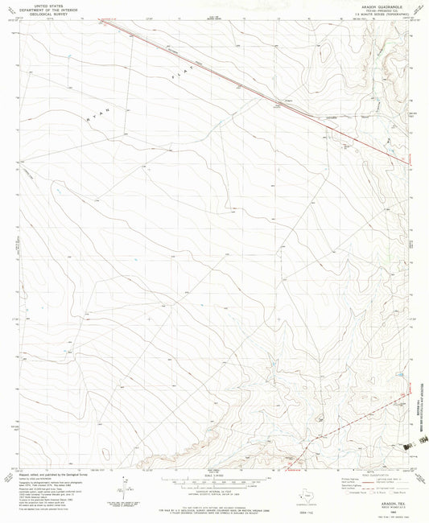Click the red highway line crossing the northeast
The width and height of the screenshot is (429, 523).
click(241, 81)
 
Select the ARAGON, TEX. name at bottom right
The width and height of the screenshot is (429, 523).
click(386, 480)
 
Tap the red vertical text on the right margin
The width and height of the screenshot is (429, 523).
click(421, 402)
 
